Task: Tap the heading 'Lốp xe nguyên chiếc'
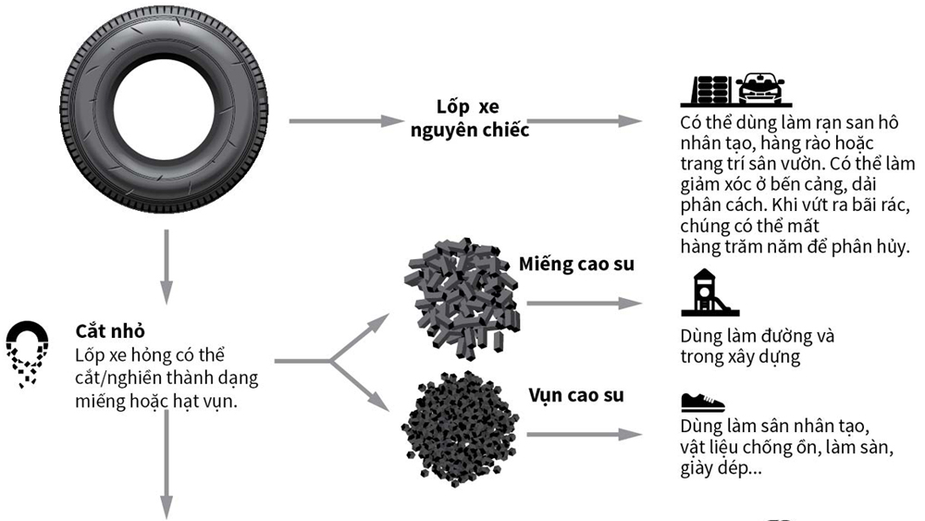[469, 118]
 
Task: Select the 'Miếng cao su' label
[577, 265]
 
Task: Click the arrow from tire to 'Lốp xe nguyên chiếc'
[342, 120]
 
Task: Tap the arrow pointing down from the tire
[167, 267]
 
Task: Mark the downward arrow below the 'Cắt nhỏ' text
[167, 463]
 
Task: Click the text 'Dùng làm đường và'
[757, 336]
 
